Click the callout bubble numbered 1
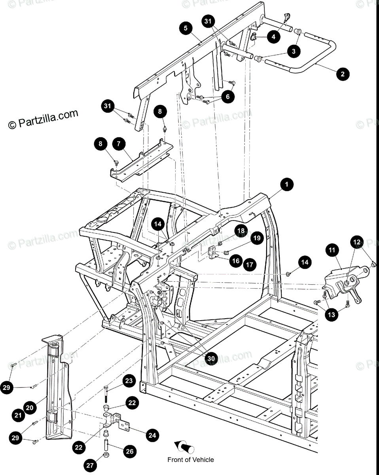(x=287, y=184)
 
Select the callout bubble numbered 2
(x=343, y=73)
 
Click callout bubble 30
(x=211, y=358)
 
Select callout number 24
(x=152, y=435)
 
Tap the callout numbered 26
(x=129, y=451)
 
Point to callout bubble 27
(x=90, y=466)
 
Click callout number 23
(x=129, y=381)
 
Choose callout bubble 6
(x=227, y=97)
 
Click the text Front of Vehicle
(x=191, y=460)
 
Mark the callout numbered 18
(x=241, y=230)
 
